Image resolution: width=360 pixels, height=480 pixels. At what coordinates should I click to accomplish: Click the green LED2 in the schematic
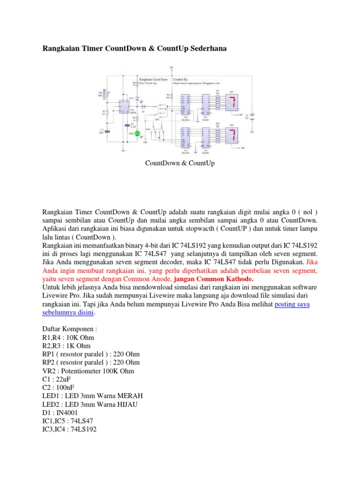[137, 133]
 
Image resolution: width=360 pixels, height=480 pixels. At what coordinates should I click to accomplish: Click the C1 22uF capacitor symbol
[107, 131]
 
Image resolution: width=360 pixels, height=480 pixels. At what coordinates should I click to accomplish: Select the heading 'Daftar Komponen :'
[69, 330]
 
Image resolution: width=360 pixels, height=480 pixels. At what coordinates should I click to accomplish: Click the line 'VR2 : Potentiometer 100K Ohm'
[88, 371]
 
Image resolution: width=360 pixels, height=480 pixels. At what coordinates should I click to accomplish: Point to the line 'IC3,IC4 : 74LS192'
[69, 429]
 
